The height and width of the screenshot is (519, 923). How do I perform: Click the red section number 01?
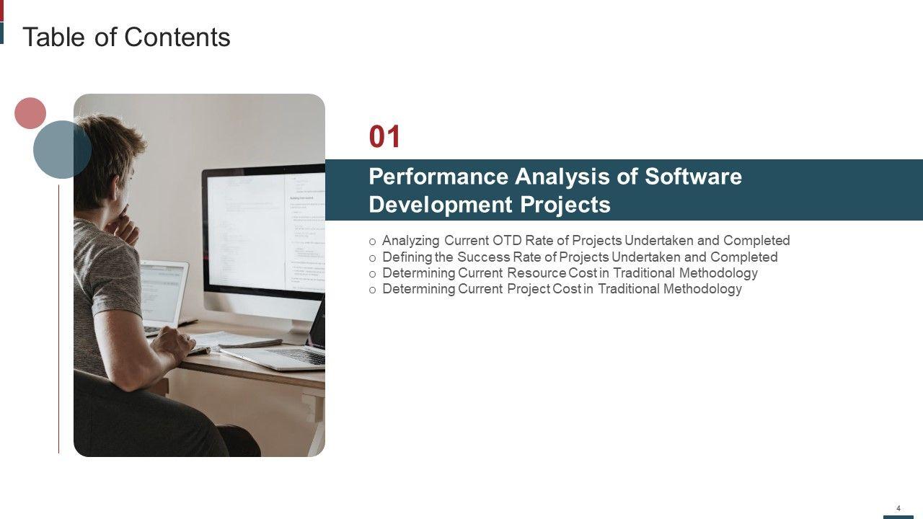(x=384, y=136)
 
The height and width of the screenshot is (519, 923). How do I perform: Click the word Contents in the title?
(x=177, y=37)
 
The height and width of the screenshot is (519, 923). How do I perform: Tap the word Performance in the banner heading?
(x=438, y=177)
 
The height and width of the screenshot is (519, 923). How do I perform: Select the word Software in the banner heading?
(x=693, y=177)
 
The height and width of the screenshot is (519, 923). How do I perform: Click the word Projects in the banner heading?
(x=565, y=205)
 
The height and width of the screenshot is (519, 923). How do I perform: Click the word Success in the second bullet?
(x=484, y=257)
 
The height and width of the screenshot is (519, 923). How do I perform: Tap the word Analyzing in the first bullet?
(x=411, y=241)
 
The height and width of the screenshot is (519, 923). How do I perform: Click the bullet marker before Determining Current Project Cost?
(x=373, y=290)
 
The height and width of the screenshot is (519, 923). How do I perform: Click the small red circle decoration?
(x=30, y=113)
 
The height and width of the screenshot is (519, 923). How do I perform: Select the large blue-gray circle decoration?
(x=62, y=149)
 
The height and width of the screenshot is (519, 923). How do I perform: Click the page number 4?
(x=898, y=508)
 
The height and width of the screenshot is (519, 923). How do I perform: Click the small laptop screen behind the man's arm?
(x=162, y=292)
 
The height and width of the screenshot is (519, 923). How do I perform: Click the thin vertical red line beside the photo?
(x=59, y=319)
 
